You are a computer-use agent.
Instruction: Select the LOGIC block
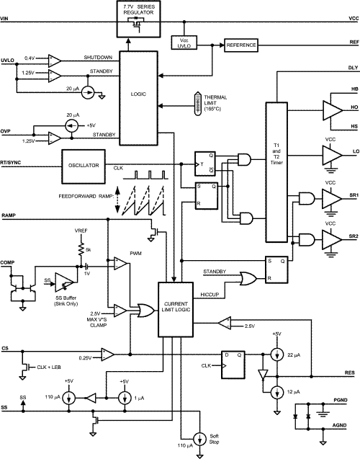(x=138, y=94)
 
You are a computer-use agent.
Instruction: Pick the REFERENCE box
(x=240, y=45)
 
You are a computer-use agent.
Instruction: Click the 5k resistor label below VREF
(x=87, y=249)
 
